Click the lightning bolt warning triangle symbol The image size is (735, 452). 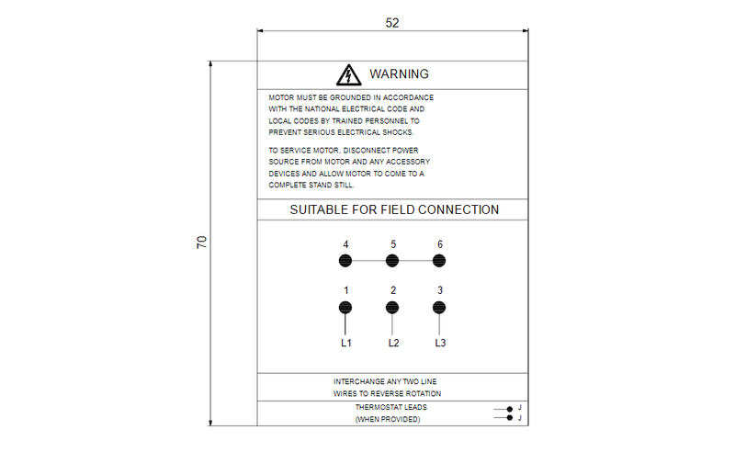pos(347,74)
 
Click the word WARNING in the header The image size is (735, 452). pos(399,73)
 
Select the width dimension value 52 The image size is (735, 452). pos(392,23)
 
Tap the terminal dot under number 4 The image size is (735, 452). pos(345,261)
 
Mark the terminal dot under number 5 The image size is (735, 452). pos(392,261)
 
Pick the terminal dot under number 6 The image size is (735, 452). pos(440,261)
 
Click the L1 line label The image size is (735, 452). pos(345,344)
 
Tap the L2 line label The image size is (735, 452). pos(392,344)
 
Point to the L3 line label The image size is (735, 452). pos(440,344)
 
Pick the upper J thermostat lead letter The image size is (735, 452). pos(519,408)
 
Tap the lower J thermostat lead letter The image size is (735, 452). pos(519,418)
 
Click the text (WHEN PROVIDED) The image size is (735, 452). pos(388,420)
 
